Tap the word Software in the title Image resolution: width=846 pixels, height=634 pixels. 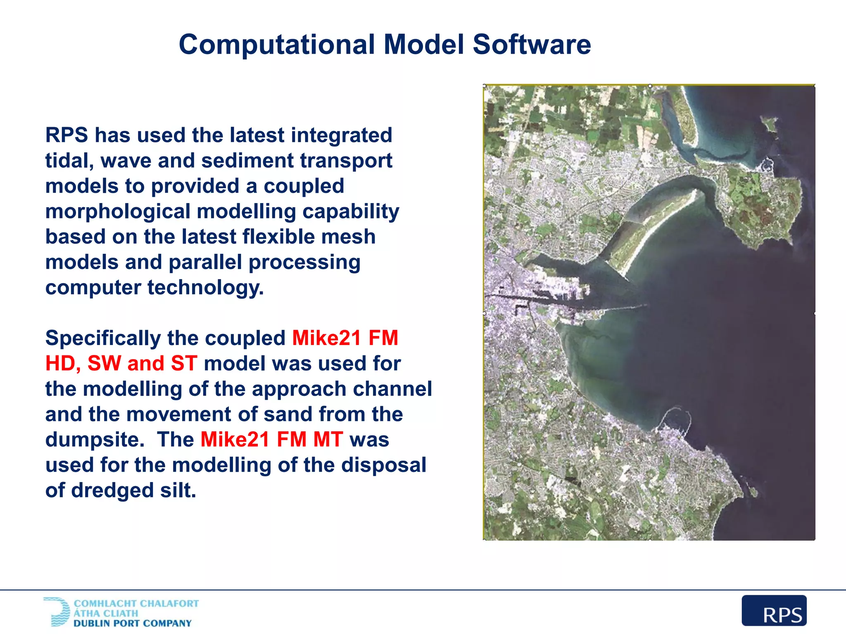(x=532, y=45)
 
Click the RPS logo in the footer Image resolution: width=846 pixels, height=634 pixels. (x=774, y=610)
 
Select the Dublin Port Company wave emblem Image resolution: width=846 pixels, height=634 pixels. (x=58, y=612)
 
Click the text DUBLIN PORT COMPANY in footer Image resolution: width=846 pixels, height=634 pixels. (x=133, y=623)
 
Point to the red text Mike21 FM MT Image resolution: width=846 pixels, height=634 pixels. (x=271, y=440)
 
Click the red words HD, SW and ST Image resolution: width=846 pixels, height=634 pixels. (x=121, y=364)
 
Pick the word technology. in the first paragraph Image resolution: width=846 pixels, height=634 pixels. (x=205, y=288)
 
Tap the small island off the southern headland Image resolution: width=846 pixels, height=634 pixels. (x=753, y=491)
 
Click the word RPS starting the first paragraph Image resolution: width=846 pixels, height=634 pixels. (x=67, y=135)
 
